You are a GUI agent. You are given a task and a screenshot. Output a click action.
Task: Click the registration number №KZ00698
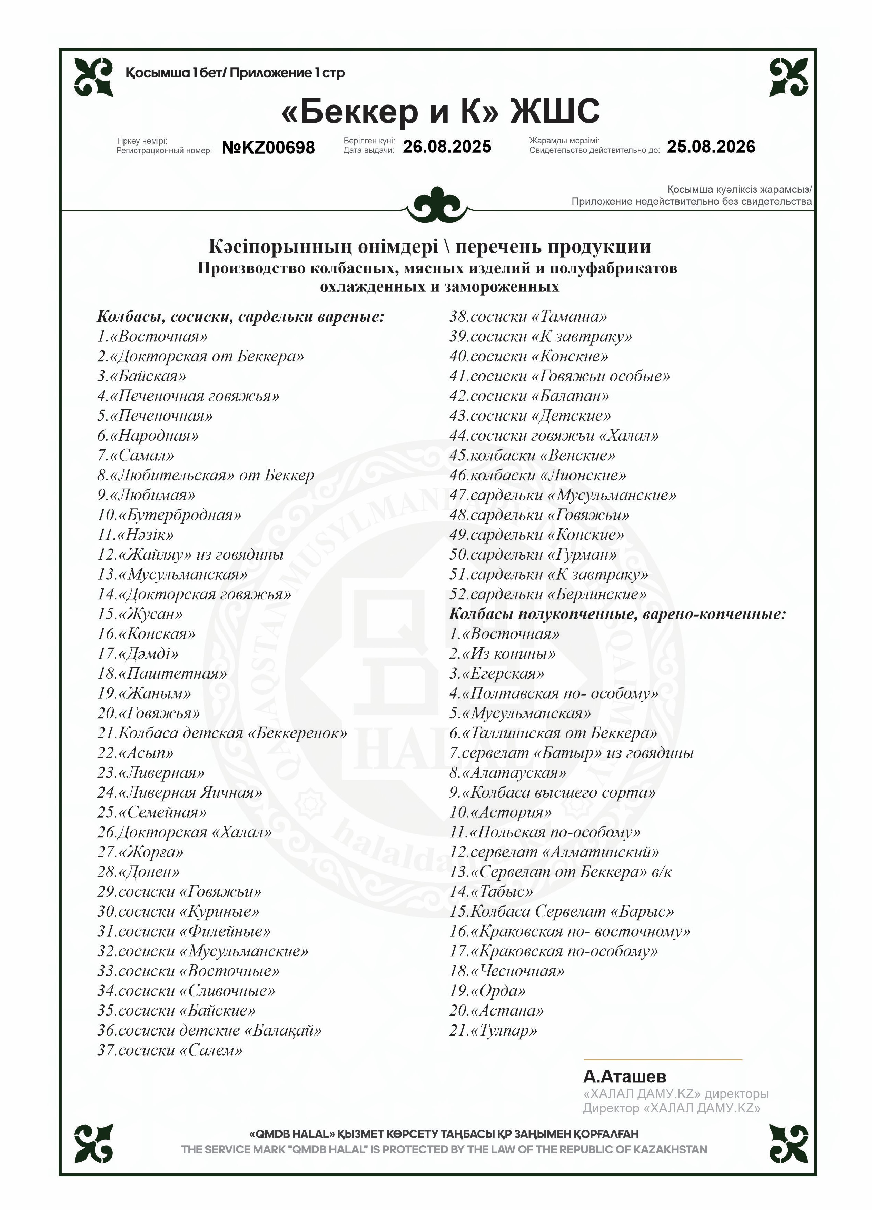268,147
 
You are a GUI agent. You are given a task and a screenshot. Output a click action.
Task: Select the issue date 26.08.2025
447,147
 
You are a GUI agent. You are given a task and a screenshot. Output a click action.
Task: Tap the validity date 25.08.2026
711,147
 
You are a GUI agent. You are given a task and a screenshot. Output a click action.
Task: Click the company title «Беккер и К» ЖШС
440,111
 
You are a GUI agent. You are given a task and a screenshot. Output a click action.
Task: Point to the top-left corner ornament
93,77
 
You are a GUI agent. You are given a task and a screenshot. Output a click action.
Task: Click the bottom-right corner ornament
789,1144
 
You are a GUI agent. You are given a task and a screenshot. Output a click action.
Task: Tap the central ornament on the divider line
438,204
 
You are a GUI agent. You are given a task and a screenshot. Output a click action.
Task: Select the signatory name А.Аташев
624,1077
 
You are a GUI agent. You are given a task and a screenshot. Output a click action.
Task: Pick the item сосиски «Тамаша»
528,317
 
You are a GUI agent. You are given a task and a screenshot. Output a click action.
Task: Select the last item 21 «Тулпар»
493,1030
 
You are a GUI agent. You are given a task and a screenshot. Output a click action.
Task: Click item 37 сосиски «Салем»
170,1050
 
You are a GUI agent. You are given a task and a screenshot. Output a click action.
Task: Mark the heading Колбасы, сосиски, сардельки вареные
241,317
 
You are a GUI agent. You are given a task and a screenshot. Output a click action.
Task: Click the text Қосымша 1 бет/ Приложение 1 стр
235,72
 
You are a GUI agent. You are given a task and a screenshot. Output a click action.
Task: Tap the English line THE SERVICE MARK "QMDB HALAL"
444,1150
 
